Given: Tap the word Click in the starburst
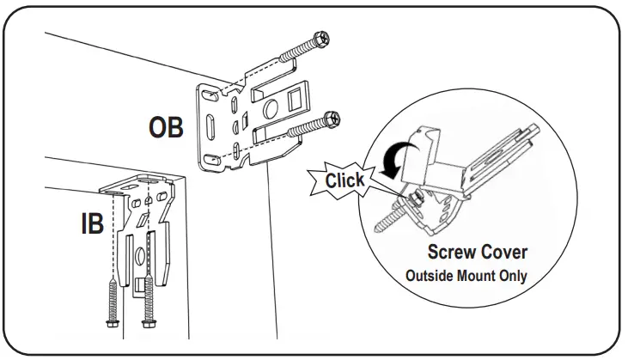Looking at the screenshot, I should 344,180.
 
